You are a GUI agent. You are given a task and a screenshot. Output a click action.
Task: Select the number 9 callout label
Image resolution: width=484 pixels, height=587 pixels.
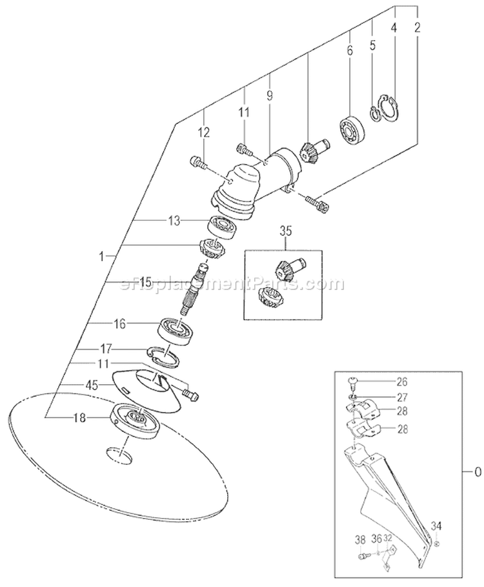269,95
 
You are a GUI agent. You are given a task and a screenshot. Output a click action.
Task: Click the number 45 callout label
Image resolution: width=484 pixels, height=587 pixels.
93,386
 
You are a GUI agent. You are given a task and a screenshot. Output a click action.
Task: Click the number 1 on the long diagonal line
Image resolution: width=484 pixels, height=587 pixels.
101,256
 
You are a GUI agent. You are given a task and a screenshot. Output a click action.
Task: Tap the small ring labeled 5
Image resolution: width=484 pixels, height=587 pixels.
375,112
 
